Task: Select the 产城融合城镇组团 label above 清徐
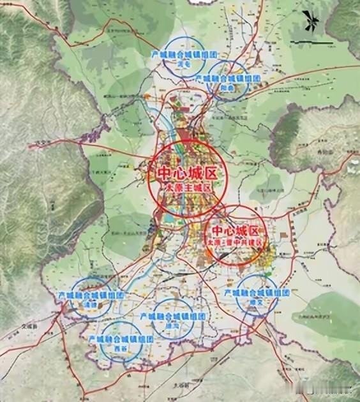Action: pyautogui.click(x=90, y=296)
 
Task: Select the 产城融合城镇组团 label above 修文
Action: pyautogui.click(x=257, y=292)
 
